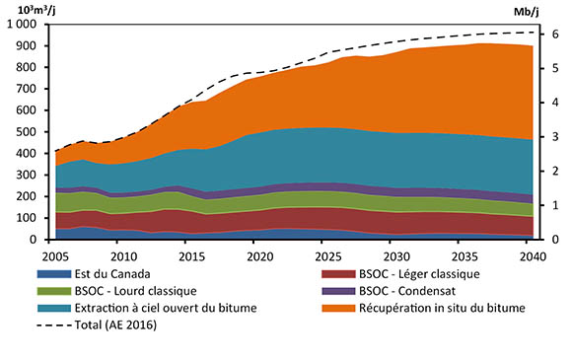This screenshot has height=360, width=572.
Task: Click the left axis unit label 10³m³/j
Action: [x=33, y=10]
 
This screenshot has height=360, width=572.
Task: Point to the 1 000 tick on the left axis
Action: [x=30, y=24]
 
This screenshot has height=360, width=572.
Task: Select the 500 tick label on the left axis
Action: [x=36, y=131]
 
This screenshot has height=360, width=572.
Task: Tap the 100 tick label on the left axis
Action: [x=36, y=218]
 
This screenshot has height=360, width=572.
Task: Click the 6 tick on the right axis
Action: [x=554, y=35]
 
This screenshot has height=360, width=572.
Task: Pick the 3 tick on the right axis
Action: [x=554, y=137]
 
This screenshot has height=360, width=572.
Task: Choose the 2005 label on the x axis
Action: [x=55, y=255]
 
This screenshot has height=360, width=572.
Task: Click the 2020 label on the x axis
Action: [x=259, y=255]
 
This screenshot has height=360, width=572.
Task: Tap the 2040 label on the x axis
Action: [x=533, y=255]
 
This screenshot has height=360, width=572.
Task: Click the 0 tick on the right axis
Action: [x=554, y=240]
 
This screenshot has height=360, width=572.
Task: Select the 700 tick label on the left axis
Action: [x=36, y=89]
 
